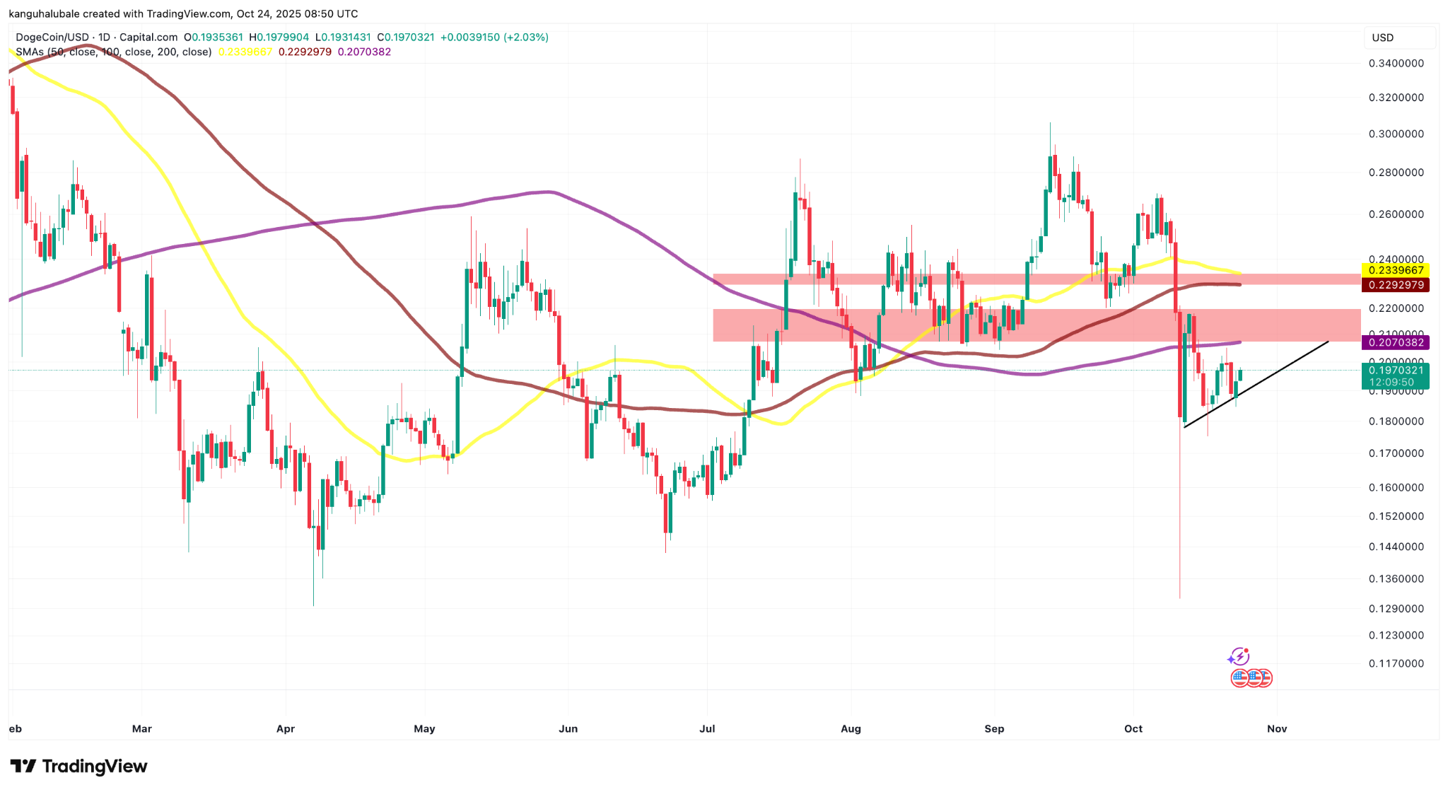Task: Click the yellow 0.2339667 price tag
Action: tap(1395, 270)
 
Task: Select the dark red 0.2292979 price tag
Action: tap(1395, 285)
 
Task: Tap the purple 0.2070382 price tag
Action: tap(1395, 343)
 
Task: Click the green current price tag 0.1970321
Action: tap(1395, 371)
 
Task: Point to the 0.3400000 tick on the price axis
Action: tap(1396, 64)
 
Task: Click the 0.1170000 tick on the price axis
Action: tap(1396, 664)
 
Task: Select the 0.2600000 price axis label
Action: tap(1396, 214)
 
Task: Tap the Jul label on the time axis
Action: tap(707, 729)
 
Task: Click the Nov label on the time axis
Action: tap(1276, 729)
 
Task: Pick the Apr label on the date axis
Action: tap(285, 729)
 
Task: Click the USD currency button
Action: tap(1383, 38)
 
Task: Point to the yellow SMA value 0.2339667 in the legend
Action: tap(245, 52)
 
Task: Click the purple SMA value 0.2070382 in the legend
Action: tap(364, 52)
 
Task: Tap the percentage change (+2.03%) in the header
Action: tap(526, 37)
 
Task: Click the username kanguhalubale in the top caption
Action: tap(42, 14)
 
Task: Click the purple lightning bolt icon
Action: tap(1238, 657)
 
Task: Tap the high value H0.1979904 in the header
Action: tap(279, 37)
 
